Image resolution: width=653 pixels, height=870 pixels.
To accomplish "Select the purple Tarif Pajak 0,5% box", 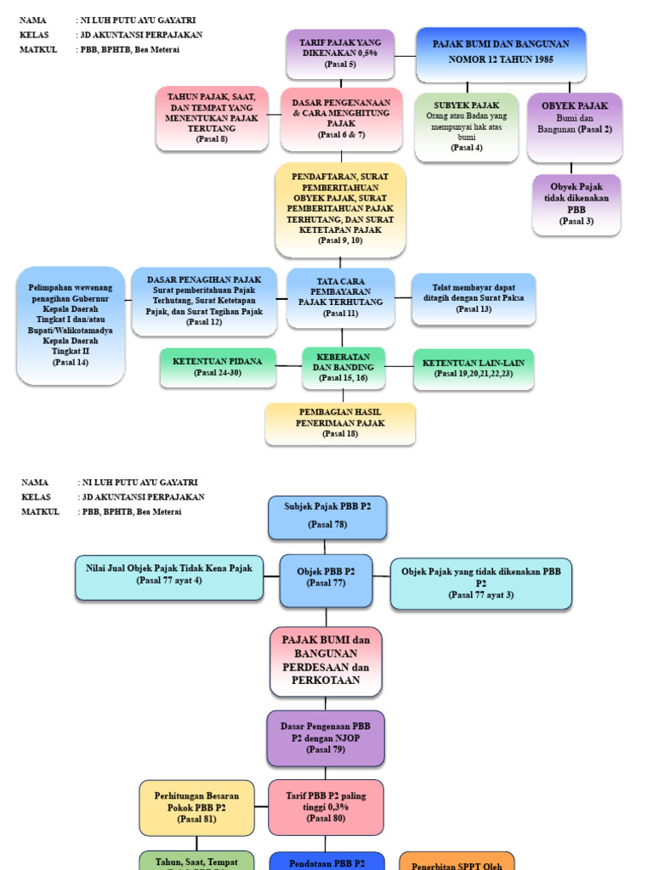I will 341,53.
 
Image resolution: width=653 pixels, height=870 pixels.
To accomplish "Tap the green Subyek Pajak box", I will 466,127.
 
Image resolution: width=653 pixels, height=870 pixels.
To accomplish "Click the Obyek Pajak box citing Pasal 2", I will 574,127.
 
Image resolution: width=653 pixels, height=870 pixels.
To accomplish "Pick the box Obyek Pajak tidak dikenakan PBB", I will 576,204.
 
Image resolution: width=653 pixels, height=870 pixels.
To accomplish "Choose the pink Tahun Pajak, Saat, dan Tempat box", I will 212,118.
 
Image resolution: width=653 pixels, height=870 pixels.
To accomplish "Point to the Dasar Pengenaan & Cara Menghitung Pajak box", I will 341,118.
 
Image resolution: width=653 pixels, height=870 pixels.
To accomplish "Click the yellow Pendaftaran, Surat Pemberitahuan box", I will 341,209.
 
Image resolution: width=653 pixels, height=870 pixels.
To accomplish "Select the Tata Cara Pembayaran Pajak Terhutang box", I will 341,297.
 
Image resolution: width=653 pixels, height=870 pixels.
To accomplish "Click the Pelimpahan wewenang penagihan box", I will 71,325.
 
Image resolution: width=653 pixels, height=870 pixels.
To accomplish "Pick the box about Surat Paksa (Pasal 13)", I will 474,298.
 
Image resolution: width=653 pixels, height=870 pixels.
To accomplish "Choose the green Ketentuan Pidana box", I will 218,366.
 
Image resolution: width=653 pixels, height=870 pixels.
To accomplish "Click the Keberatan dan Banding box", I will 344,367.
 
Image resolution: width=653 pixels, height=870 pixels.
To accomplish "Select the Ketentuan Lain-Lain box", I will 474,368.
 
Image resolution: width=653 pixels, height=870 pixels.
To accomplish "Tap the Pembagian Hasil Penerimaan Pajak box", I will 340,423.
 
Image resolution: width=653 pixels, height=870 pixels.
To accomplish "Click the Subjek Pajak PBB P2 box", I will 327,517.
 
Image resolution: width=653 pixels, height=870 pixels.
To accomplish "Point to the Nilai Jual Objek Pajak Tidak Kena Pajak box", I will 169,577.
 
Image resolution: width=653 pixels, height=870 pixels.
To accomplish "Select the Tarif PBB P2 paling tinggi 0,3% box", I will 326,807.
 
